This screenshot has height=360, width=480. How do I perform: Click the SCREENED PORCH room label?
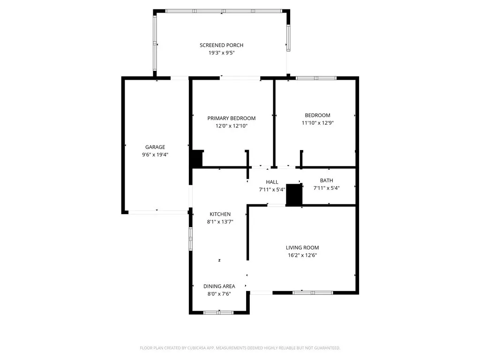pos(221,45)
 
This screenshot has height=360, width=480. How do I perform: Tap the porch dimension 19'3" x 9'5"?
pos(221,53)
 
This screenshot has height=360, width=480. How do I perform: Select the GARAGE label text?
pos(155,147)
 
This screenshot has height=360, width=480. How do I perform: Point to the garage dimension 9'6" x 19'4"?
pos(155,155)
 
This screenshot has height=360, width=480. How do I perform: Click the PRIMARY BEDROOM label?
pos(232,118)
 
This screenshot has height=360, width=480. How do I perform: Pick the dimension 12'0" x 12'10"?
pos(232,126)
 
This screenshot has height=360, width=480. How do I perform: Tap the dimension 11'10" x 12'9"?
pos(317,123)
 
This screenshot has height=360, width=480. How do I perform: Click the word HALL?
pos(272,182)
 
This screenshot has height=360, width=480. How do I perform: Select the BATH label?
pos(326,180)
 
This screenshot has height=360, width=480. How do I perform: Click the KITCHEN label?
pos(220,214)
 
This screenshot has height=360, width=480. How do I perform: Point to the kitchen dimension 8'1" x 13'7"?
pos(220,222)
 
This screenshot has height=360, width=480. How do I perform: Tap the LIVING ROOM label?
pos(302,247)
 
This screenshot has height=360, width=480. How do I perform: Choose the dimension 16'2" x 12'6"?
pos(302,255)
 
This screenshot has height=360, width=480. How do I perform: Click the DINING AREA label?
pos(219,286)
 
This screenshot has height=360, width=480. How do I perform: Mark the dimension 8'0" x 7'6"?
pos(219,294)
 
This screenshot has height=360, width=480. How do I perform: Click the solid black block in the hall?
pos(294,195)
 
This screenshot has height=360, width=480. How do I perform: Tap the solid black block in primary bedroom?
pos(196,158)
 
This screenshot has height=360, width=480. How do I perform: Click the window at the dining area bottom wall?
pos(219,312)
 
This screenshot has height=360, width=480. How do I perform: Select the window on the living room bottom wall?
pos(313,292)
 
